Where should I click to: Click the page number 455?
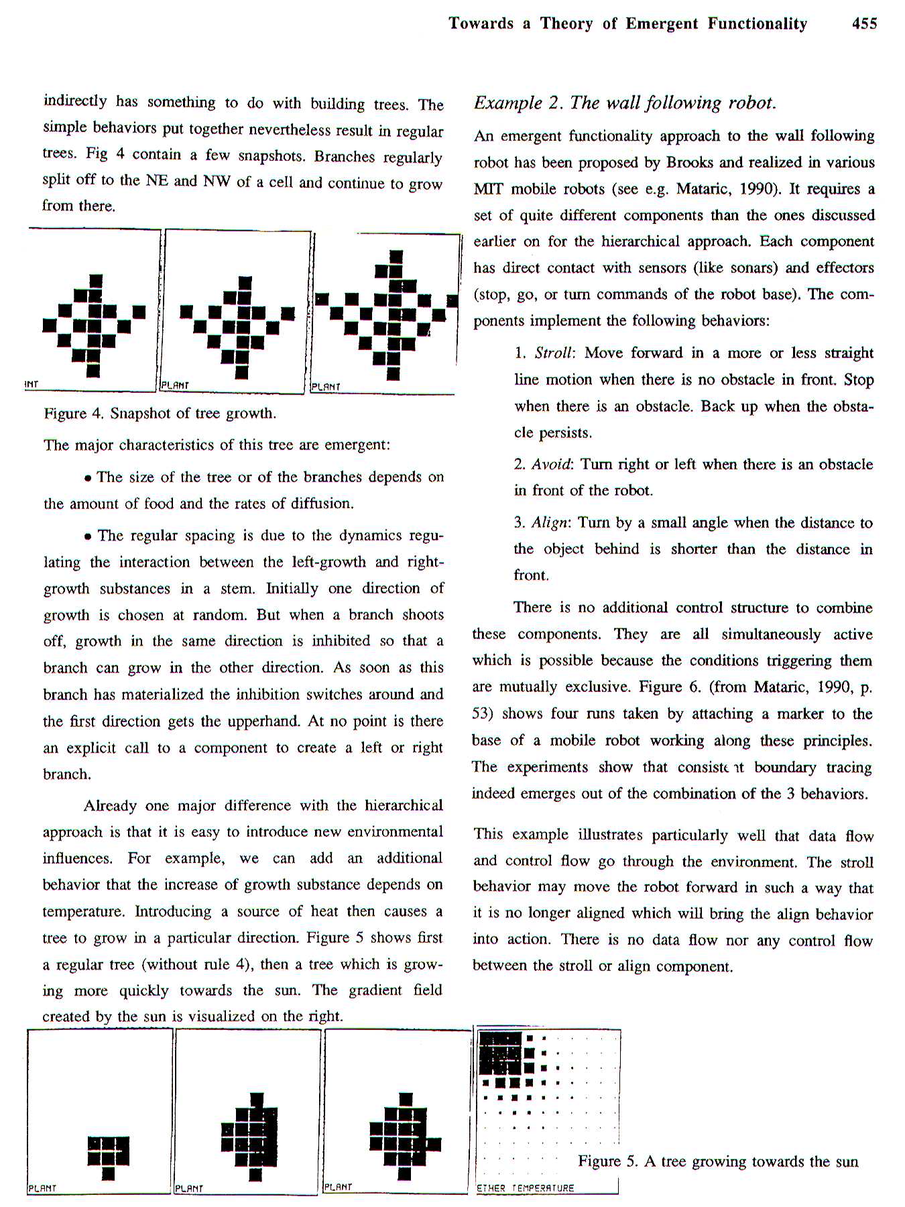[863, 24]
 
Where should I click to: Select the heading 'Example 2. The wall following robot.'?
[624, 103]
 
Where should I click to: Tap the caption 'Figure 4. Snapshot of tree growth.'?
[160, 413]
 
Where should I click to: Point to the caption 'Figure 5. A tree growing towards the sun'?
[718, 1162]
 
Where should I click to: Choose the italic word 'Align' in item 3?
[550, 523]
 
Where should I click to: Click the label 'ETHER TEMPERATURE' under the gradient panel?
[525, 1188]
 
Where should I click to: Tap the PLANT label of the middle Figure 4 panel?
[175, 386]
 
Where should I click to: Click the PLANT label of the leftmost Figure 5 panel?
[42, 1188]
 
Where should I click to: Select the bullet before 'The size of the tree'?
[88, 478]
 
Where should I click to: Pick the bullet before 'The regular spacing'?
[88, 536]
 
